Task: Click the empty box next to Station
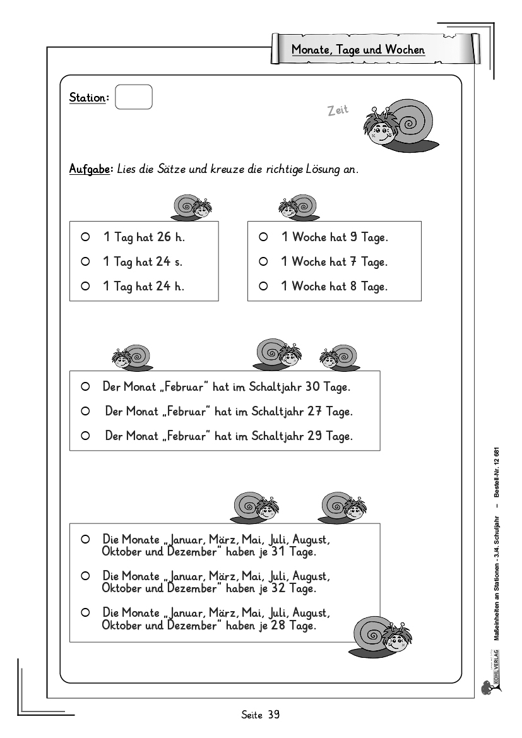134,97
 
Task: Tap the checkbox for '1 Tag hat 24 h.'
85,286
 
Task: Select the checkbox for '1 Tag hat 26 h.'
85,237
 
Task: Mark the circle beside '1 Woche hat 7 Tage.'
264,261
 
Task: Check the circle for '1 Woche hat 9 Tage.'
264,237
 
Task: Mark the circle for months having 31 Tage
85,540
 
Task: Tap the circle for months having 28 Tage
85,612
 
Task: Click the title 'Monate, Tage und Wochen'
358,49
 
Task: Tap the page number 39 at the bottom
273,715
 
